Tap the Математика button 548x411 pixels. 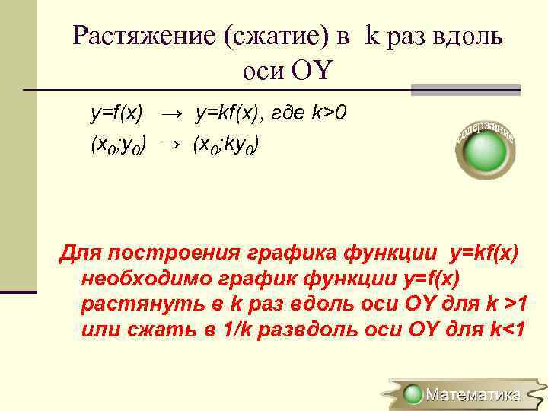pyautogui.click(x=464, y=394)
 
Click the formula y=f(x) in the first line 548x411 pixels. pyautogui.click(x=116, y=113)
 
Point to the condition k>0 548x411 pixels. pyautogui.click(x=328, y=113)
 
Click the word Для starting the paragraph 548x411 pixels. pyautogui.click(x=80, y=253)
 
